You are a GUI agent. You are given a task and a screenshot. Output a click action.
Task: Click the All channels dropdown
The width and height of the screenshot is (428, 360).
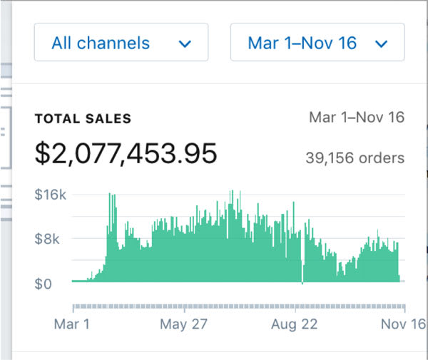pos(121,43)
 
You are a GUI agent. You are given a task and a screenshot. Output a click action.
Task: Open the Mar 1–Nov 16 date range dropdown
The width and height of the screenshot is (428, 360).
pos(317,43)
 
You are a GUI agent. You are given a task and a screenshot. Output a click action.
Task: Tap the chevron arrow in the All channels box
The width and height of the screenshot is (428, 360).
pos(185,44)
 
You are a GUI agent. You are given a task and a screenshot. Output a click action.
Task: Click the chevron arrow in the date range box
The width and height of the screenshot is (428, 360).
pos(380,44)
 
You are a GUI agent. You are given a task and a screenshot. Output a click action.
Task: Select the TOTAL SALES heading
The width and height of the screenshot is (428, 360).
pos(83,119)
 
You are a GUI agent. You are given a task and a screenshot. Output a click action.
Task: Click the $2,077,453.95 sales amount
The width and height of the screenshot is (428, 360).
pos(126,153)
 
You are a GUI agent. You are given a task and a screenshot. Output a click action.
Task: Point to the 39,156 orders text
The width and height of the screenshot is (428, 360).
pos(355,158)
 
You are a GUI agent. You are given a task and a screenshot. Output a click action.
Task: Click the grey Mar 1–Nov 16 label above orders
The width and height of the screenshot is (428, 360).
pos(357,118)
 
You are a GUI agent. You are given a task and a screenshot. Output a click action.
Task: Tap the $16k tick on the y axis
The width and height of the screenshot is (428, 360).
pos(51,194)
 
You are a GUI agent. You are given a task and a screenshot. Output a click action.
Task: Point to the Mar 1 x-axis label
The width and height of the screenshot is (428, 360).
pos(72,325)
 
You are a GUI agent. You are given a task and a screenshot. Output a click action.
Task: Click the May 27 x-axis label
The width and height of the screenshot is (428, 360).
pos(183,325)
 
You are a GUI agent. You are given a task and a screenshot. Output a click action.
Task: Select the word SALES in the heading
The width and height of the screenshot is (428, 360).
pos(108,119)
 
